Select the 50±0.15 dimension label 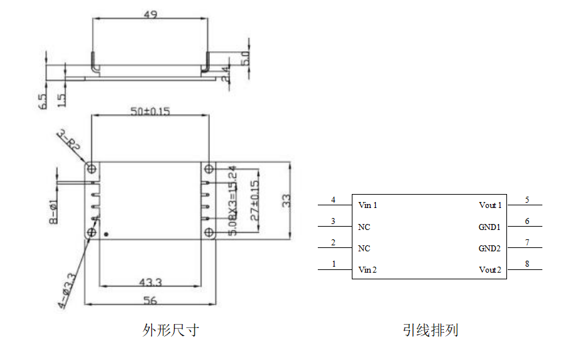pyautogui.click(x=150, y=111)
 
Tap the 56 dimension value pyautogui.click(x=151, y=301)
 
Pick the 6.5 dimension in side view pyautogui.click(x=43, y=101)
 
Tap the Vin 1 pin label pyautogui.click(x=368, y=205)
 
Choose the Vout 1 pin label pyautogui.click(x=490, y=205)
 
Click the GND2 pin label pyautogui.click(x=489, y=249)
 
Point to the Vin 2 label pyautogui.click(x=368, y=270)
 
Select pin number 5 pyautogui.click(x=527, y=199)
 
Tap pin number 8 pyautogui.click(x=527, y=264)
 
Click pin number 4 pyautogui.click(x=334, y=199)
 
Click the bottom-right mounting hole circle pyautogui.click(x=209, y=232)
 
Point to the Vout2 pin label pyautogui.click(x=490, y=270)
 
